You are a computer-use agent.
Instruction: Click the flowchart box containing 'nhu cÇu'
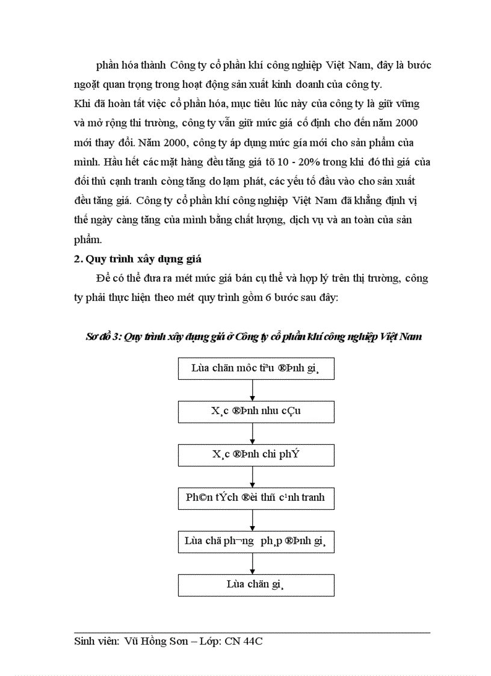[x=256, y=411]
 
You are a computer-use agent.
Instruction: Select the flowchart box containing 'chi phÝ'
[x=256, y=454]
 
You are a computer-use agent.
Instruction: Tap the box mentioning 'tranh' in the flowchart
[x=256, y=498]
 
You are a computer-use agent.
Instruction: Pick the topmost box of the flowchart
[x=256, y=368]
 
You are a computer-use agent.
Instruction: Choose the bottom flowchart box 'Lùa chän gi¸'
[x=256, y=585]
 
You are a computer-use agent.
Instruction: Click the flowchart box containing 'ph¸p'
[x=256, y=541]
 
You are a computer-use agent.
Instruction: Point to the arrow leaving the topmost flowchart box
[x=253, y=389]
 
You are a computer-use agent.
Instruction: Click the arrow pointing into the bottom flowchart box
[x=253, y=563]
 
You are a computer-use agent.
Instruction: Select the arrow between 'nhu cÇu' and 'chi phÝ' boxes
[x=253, y=433]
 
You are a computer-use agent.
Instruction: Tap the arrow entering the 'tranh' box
[x=253, y=476]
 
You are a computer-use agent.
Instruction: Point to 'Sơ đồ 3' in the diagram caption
[x=103, y=336]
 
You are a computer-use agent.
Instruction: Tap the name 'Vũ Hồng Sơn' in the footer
[x=152, y=642]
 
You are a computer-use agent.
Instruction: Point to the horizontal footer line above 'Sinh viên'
[x=252, y=632]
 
